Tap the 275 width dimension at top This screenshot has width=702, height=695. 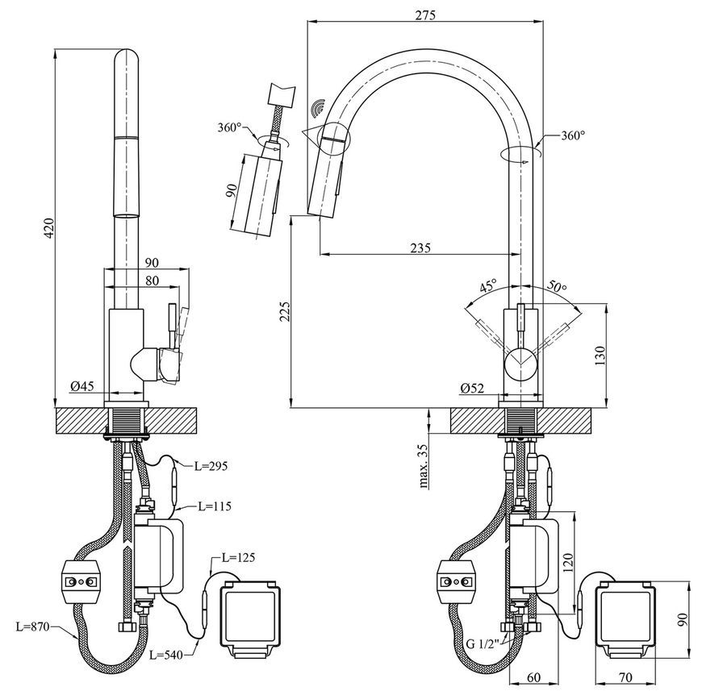(425, 15)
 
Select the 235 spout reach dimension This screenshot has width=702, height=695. (420, 248)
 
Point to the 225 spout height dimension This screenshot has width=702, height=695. (285, 311)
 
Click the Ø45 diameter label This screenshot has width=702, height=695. (82, 385)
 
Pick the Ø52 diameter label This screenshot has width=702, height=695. (472, 388)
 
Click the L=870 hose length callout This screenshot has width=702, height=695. (32, 626)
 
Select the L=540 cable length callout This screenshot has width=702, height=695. (166, 655)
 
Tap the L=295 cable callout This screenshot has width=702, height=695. (211, 466)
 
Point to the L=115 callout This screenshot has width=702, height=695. (215, 506)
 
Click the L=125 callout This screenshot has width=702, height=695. (239, 557)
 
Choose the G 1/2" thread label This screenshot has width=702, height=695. (485, 644)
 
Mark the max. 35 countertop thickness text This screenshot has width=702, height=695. (424, 466)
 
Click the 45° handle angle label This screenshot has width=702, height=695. (488, 285)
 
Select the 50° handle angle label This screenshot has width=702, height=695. (557, 285)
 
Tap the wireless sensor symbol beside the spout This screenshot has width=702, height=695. (319, 107)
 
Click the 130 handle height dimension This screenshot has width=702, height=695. (600, 356)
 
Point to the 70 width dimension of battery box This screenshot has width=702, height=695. (626, 677)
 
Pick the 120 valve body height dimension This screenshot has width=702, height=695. (568, 564)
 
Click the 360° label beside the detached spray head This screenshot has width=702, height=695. (230, 127)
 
